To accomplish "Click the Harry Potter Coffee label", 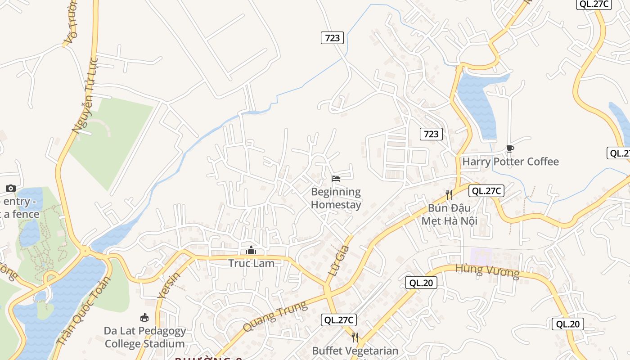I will tap(510, 162).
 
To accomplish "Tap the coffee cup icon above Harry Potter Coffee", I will tap(510, 148).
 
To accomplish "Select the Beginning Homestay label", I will tap(336, 198).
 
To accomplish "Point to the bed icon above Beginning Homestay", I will tap(336, 179).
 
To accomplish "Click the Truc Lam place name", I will tap(251, 263).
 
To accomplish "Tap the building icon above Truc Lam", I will tap(251, 250).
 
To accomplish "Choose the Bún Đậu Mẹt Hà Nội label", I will tap(449, 214).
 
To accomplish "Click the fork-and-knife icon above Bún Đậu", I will tap(449, 194).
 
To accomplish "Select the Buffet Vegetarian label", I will tap(355, 351).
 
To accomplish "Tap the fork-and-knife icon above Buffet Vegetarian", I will tap(355, 337).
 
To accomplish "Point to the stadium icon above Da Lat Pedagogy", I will tap(144, 318).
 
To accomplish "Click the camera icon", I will tap(11, 188).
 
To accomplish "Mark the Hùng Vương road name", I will tap(487, 271).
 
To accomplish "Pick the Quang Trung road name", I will tap(275, 316).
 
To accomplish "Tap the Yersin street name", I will tap(169, 285).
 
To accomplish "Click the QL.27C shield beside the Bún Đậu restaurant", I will tap(486, 191).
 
